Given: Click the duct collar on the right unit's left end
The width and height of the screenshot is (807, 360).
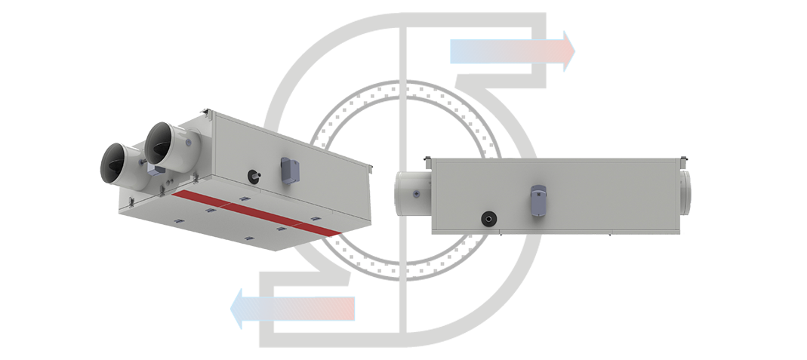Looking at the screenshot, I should (x=411, y=195).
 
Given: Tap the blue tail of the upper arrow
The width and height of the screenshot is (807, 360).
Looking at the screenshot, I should (x=445, y=51).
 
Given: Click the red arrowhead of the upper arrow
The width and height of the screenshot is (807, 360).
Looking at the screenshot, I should (x=562, y=51).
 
